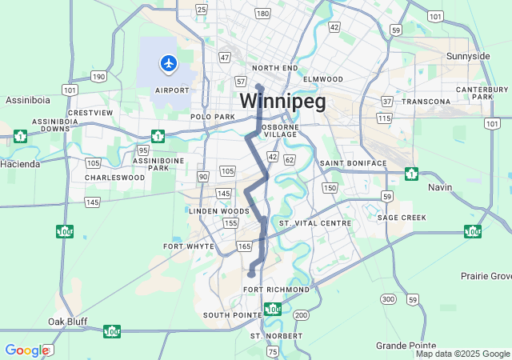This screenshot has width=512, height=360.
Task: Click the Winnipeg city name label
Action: [x=283, y=102]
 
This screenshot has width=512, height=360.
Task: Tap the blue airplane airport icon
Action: [x=169, y=62]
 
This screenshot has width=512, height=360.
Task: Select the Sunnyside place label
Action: [x=468, y=56]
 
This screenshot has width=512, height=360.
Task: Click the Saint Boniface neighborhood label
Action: [x=353, y=163]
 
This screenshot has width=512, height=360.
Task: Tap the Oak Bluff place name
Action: [x=67, y=322]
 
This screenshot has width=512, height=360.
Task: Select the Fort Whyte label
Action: [x=189, y=246]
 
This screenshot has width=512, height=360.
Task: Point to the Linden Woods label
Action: [x=214, y=210]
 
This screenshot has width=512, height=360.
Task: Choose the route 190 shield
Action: [x=98, y=77]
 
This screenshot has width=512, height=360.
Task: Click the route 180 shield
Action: [x=262, y=14]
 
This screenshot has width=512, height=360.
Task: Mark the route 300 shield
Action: [x=388, y=299]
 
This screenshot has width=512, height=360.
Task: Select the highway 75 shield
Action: [x=273, y=352]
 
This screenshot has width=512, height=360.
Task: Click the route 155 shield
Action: [x=230, y=222]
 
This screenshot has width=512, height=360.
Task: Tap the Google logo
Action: [x=26, y=350]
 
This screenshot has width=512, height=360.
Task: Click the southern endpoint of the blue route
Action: [x=251, y=274]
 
